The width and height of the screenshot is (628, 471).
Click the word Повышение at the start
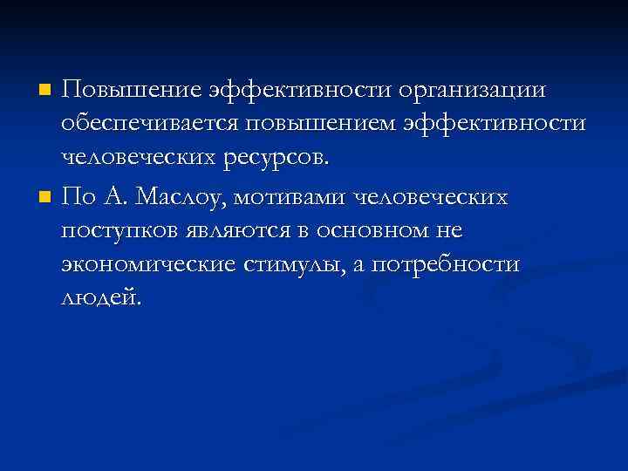point(132,91)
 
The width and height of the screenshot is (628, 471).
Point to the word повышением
point(319,124)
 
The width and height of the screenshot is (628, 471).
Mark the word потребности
point(447,265)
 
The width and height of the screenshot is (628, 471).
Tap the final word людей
point(99,298)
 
